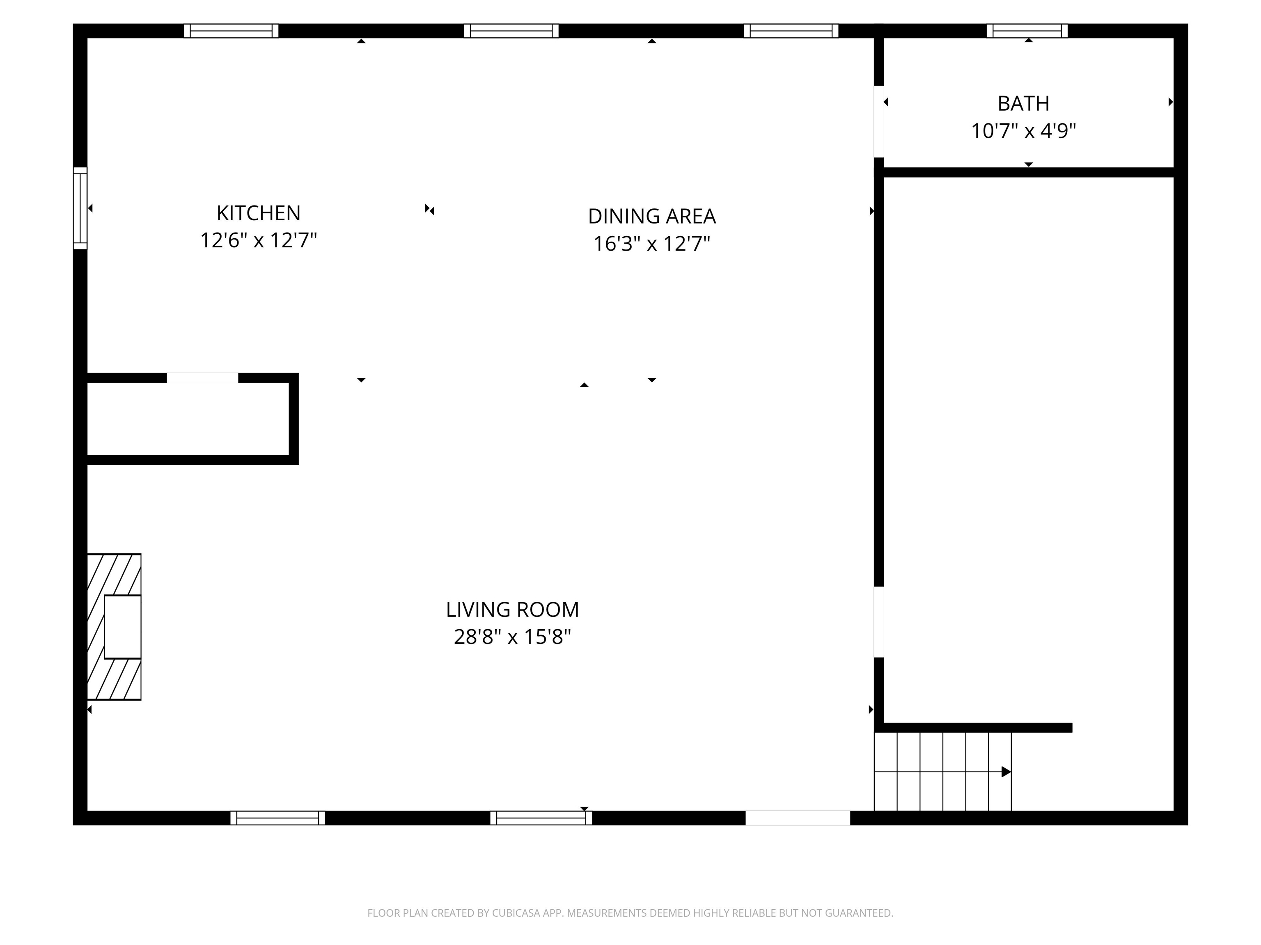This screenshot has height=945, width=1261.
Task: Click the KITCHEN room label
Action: [258, 213]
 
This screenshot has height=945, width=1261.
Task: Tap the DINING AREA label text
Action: [651, 217]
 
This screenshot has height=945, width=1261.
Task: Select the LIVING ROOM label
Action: [512, 609]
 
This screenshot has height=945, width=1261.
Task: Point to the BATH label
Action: [1023, 104]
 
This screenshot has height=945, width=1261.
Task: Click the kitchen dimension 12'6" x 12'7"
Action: [258, 240]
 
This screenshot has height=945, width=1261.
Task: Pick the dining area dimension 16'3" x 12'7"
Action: [651, 244]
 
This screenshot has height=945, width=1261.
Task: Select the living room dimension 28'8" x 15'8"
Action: [512, 637]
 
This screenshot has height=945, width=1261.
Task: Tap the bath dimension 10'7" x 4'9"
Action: [1023, 131]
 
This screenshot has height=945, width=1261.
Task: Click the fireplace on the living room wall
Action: [115, 627]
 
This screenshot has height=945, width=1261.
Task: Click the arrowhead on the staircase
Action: [1006, 772]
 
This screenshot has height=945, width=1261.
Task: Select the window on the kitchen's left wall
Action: [80, 208]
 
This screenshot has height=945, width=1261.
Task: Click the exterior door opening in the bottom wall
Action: [798, 818]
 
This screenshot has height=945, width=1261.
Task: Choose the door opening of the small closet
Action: [202, 378]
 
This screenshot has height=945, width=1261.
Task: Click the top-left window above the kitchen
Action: [231, 31]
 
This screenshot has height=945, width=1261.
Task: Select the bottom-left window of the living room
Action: [277, 818]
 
